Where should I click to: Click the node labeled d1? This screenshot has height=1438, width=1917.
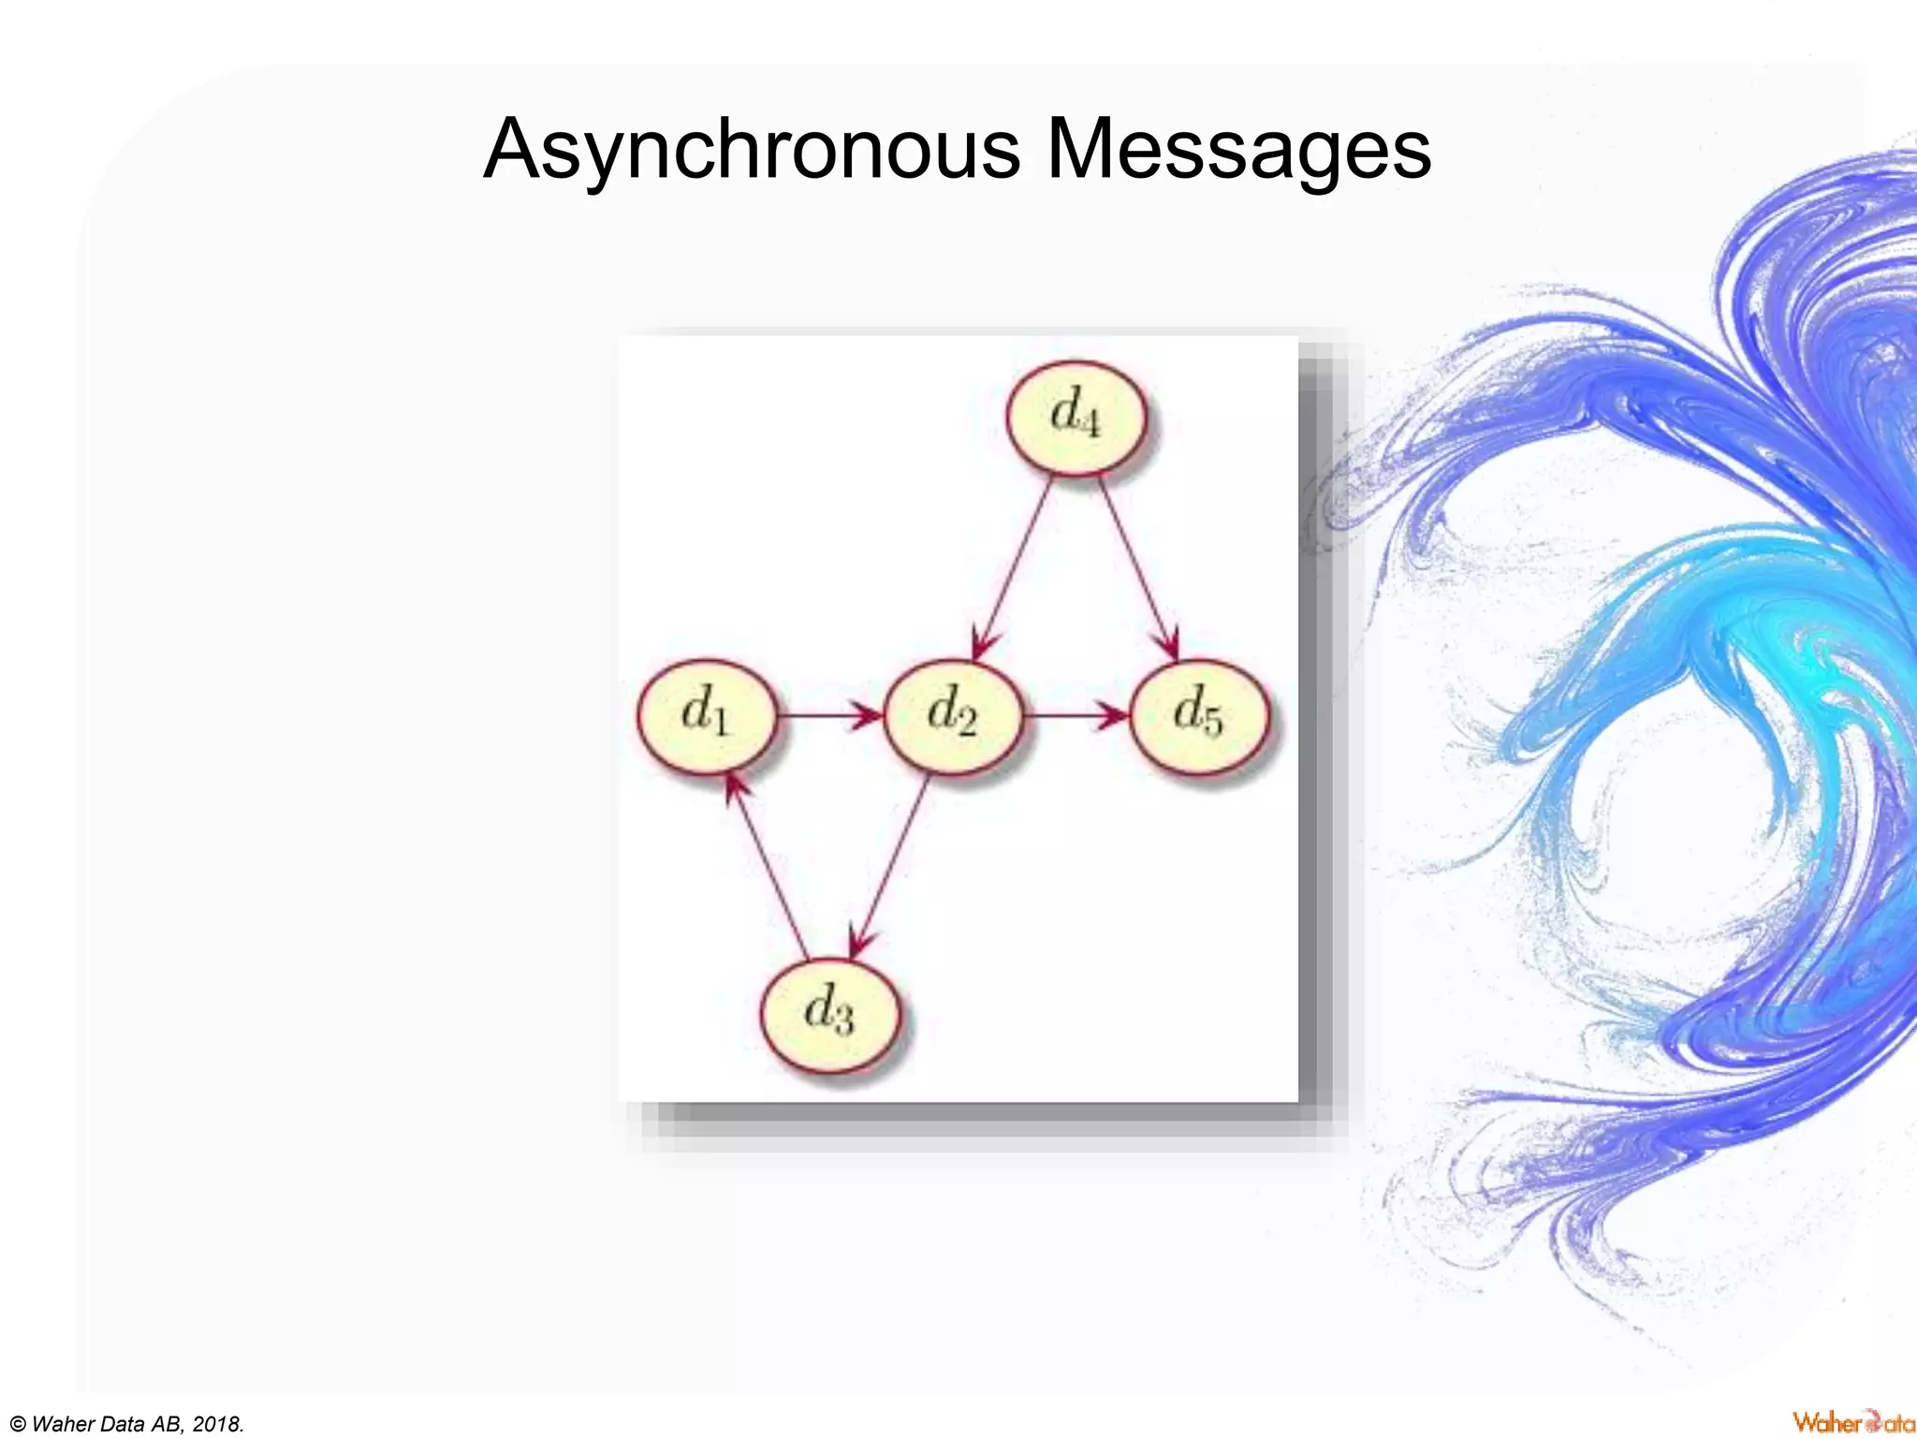tap(707, 716)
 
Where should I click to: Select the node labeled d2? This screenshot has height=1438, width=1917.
tap(953, 716)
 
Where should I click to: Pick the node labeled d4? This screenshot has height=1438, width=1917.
tap(1076, 418)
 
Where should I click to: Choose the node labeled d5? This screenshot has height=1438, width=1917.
tap(1199, 716)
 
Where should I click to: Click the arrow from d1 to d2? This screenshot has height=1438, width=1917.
tap(828, 716)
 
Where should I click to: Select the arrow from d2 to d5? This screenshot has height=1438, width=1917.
tap(1076, 716)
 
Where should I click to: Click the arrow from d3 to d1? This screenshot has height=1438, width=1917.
tap(768, 866)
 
